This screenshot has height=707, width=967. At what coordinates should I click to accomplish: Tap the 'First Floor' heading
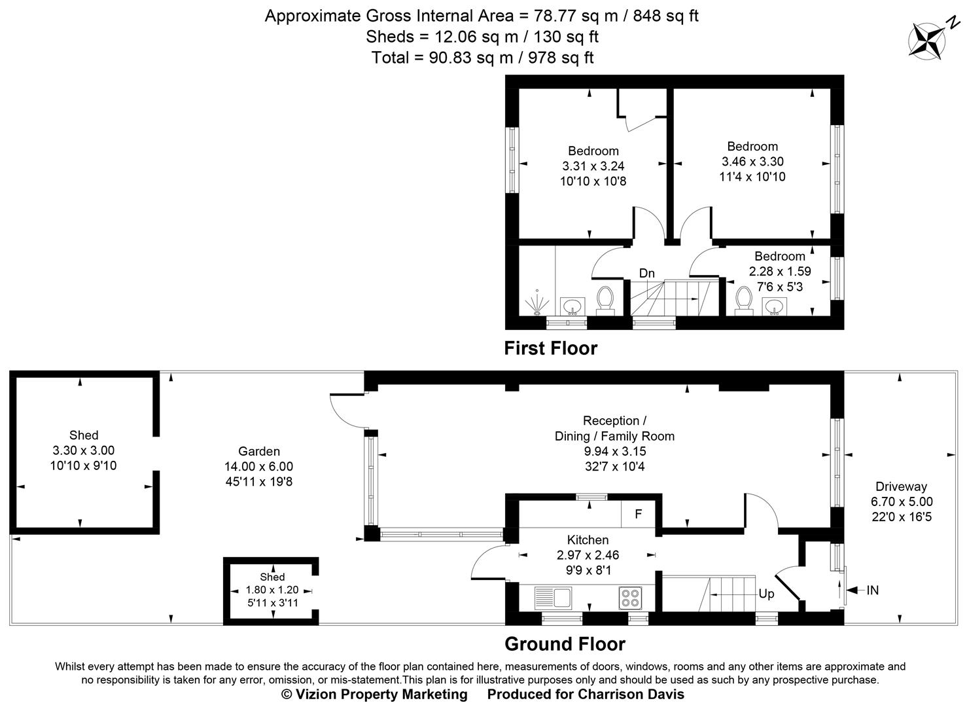(x=550, y=348)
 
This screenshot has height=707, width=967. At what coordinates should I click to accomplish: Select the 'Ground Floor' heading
(x=565, y=644)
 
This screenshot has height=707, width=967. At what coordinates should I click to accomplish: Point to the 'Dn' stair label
(x=646, y=273)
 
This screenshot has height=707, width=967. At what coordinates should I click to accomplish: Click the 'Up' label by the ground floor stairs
(x=766, y=594)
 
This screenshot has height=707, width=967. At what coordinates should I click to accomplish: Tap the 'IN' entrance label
(x=872, y=590)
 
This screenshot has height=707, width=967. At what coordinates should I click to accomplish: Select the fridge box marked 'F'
(x=639, y=514)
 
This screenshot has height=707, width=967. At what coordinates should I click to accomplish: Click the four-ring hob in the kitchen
(x=631, y=597)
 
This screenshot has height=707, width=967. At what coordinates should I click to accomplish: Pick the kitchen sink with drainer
(x=553, y=597)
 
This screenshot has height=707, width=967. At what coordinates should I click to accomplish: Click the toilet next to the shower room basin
(x=605, y=299)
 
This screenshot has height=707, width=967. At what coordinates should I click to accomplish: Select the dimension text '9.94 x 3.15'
(x=614, y=451)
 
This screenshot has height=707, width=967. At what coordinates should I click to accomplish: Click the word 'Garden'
(x=259, y=451)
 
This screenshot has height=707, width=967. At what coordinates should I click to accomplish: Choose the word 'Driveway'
(x=902, y=486)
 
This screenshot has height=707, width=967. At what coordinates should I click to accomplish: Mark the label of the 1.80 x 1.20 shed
(x=272, y=577)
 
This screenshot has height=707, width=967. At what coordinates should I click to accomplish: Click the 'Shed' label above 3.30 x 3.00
(x=84, y=435)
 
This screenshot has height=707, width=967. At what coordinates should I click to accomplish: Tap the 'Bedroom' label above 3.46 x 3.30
(x=752, y=146)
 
